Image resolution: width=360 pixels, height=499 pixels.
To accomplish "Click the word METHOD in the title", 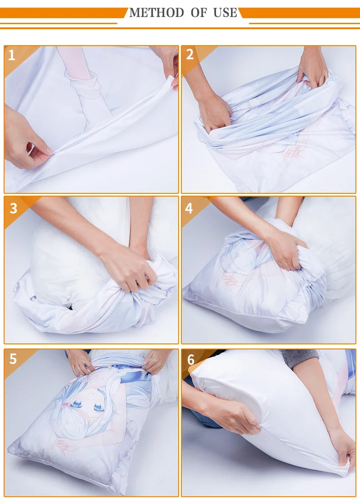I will pos(157,13).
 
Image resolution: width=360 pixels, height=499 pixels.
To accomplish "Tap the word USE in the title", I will pos(225,13).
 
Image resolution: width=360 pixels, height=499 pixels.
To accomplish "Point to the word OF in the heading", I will pos(199,13).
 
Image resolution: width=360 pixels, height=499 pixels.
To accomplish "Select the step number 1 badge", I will pos(12,56).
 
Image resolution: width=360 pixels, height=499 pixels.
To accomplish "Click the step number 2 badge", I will pos(190,55).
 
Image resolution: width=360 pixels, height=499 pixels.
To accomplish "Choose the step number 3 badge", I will pos(13,208).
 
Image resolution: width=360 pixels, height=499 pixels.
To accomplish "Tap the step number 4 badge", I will pos(189,208).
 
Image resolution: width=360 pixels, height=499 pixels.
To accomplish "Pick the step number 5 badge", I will pos(13,359).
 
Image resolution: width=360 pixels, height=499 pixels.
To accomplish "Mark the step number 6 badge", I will pos(190,359).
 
